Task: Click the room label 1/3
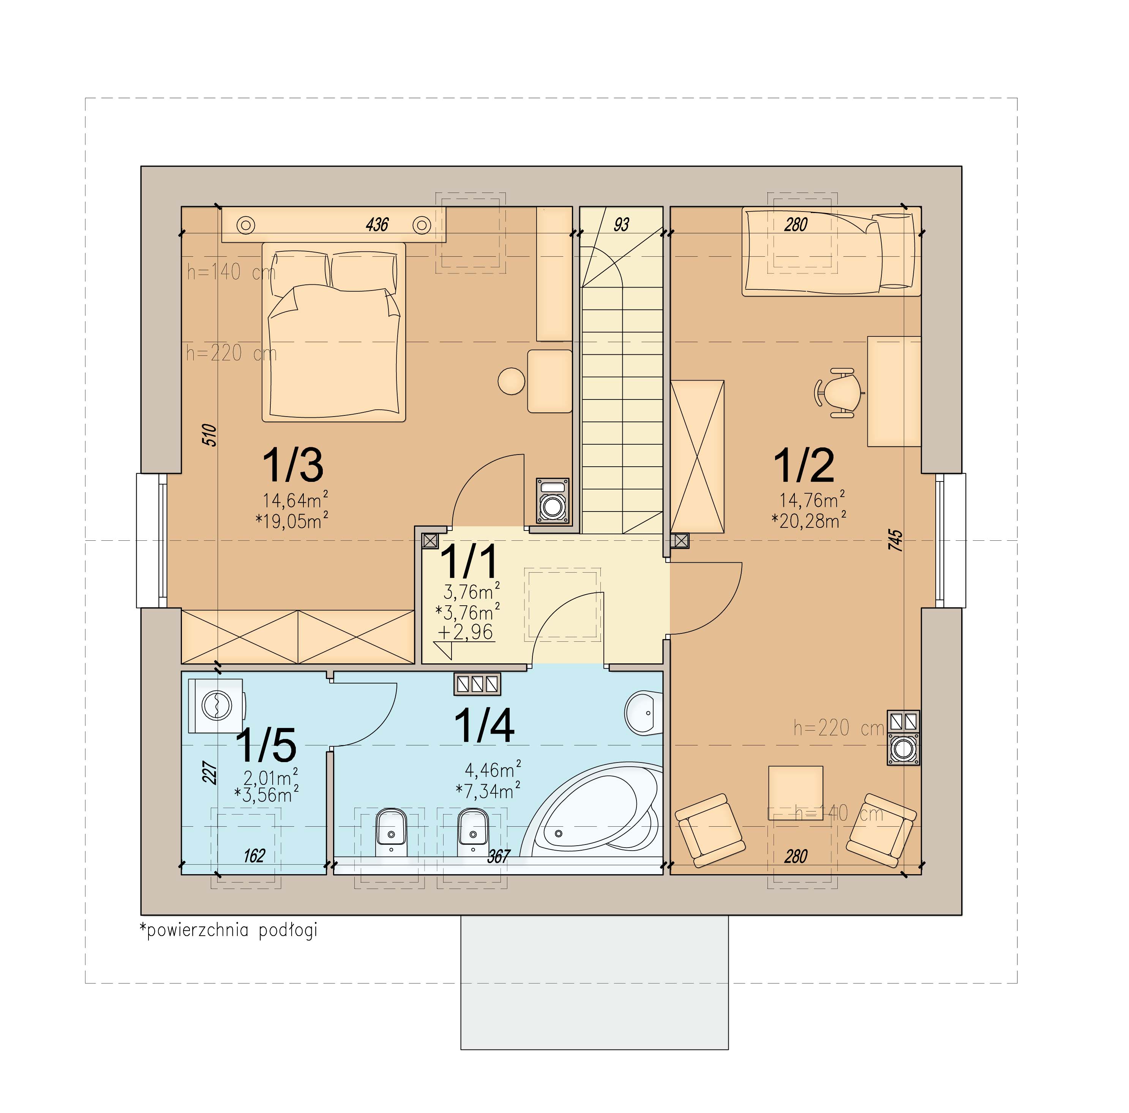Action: (x=293, y=465)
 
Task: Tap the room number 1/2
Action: (x=804, y=465)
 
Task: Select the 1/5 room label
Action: (x=266, y=745)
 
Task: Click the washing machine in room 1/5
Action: (x=217, y=705)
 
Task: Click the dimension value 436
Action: (x=377, y=224)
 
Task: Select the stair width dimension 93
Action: (x=622, y=224)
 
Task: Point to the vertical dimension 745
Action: (x=895, y=540)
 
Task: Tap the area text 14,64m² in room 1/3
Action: (x=295, y=500)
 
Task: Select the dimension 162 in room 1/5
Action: (x=254, y=856)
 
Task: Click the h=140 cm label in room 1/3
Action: (x=231, y=272)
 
